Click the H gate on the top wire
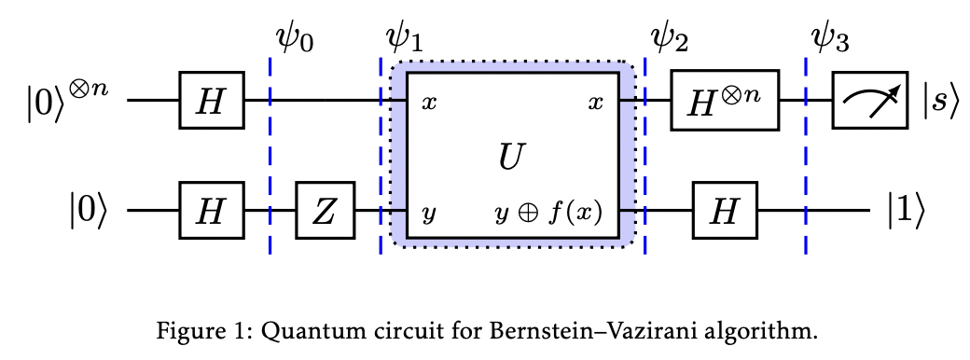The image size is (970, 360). pos(212,100)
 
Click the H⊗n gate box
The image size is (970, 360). pos(725,100)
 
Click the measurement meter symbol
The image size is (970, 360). pos(870,100)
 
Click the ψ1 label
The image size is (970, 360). pos(404,38)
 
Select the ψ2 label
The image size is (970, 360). pos(670,38)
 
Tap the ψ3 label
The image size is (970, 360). pos(829,38)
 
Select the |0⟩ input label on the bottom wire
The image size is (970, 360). pos(93,213)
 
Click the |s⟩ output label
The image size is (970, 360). pos(940,101)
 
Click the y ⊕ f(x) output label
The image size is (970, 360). pos(548,214)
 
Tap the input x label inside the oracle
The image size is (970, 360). pos(429,102)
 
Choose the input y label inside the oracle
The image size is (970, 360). pos(429,215)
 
